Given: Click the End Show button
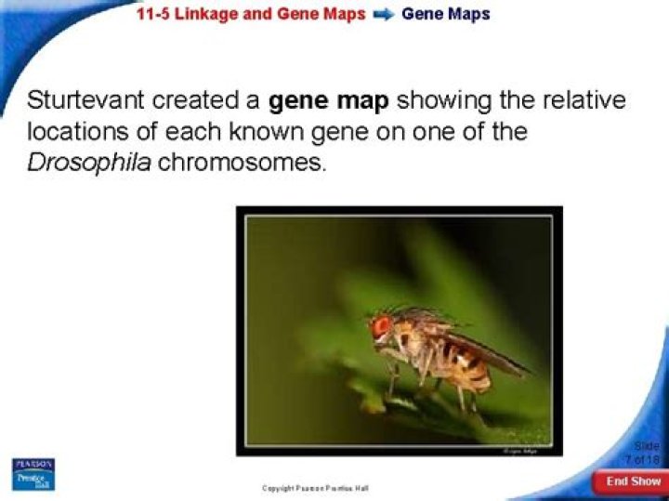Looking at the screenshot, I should click(633, 481).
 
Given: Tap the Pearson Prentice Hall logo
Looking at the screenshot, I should click(33, 474).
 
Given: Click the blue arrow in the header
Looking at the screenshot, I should click(383, 15).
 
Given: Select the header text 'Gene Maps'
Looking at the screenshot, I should click(445, 14).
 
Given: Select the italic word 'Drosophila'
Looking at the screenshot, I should click(87, 162).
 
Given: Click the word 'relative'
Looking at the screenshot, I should click(584, 101).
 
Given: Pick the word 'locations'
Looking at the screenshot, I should click(78, 132).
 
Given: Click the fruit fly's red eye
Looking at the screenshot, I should click(381, 327).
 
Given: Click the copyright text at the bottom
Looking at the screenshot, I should click(316, 487).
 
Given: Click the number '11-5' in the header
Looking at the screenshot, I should click(153, 14).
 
